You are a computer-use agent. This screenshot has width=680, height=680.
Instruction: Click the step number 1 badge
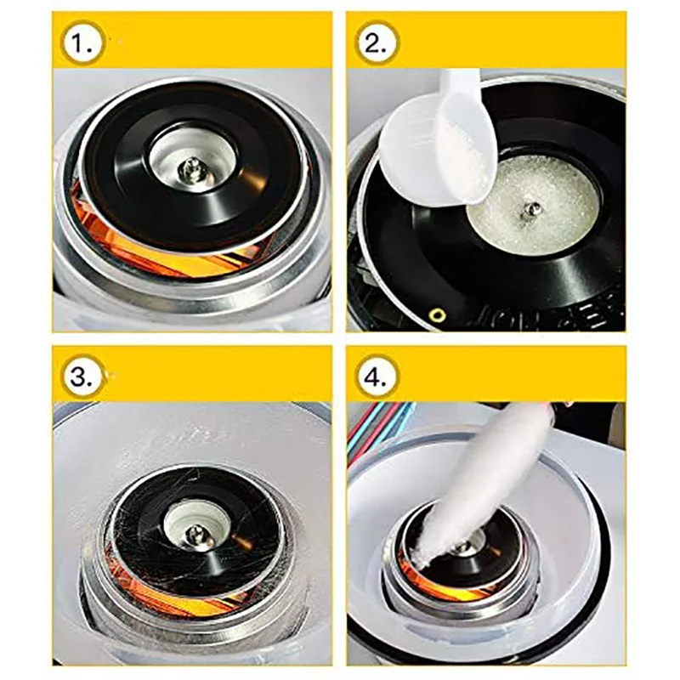click(82, 42)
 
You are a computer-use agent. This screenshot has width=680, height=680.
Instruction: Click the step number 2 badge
click(377, 42)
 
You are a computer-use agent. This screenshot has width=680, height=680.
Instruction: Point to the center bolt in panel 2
click(531, 207)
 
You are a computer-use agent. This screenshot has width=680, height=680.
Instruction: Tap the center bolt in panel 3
click(195, 532)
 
